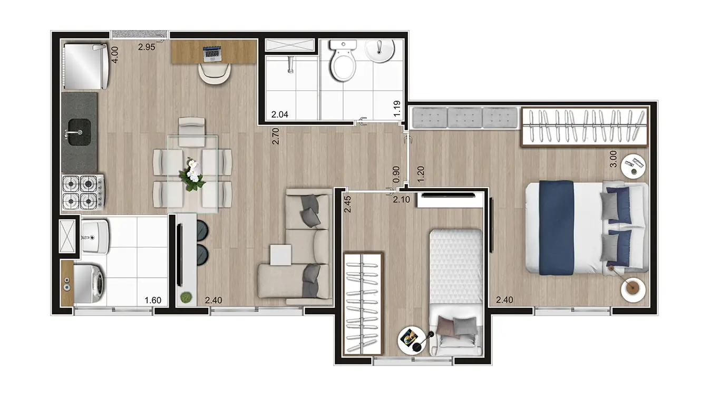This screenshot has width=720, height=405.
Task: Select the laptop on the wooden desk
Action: tap(212, 53)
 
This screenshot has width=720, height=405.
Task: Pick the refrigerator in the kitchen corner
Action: tap(85, 66)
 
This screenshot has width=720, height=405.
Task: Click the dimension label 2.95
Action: tap(147, 47)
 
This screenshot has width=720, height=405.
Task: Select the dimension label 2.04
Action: tap(279, 114)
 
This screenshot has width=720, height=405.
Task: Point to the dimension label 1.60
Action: tap(153, 301)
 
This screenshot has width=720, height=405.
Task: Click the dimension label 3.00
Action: tap(613, 159)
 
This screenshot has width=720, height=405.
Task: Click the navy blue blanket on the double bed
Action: tap(557, 227)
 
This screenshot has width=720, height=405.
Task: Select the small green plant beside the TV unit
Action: tap(186, 297)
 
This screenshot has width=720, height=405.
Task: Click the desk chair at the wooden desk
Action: tap(214, 73)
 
